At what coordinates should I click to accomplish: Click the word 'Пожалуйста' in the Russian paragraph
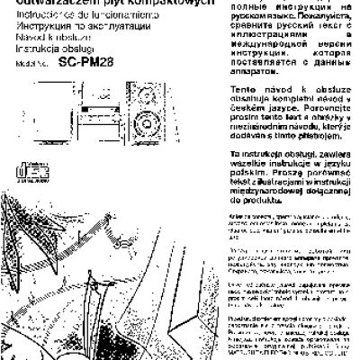[321, 16]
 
